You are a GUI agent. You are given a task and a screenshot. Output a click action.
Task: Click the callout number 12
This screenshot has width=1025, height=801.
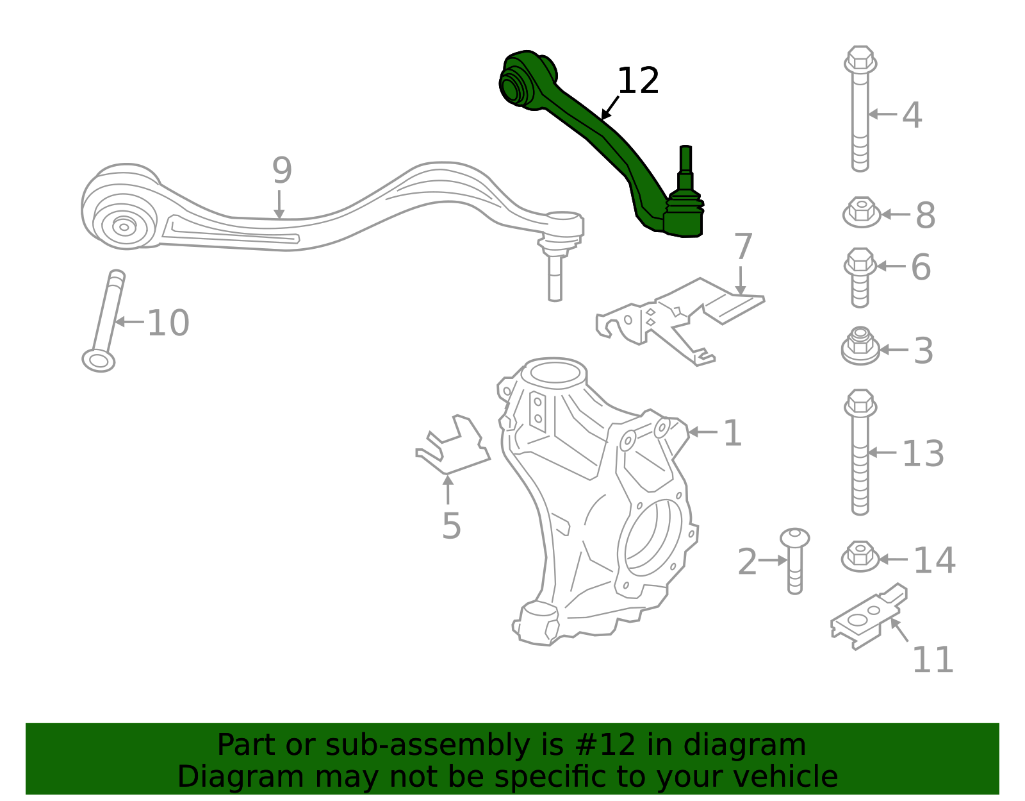637,81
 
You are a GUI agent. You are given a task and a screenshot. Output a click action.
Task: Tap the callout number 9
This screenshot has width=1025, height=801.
282,171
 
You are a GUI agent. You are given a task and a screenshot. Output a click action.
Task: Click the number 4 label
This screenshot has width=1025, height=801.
912,115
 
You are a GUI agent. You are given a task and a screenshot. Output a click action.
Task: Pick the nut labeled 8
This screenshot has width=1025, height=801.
862,212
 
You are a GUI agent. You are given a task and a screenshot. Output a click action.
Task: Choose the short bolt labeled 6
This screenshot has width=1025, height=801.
860,277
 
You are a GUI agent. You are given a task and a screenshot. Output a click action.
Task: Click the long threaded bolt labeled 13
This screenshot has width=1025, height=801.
860,451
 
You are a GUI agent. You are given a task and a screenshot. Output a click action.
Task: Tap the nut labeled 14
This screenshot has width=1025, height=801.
860,556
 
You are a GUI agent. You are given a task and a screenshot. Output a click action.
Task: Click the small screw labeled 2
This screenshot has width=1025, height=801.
795,561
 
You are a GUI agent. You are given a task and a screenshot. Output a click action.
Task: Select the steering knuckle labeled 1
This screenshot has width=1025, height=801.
599,500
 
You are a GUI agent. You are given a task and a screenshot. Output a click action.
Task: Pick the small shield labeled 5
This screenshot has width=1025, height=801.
453,446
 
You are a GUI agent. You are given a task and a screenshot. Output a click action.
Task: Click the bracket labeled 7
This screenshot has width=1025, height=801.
679,320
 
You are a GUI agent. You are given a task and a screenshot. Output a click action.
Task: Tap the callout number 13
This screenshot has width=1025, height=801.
922,453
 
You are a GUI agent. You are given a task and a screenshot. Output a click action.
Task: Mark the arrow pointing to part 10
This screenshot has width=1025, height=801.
129,322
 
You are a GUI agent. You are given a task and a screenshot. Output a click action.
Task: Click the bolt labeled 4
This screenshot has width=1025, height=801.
860,108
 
